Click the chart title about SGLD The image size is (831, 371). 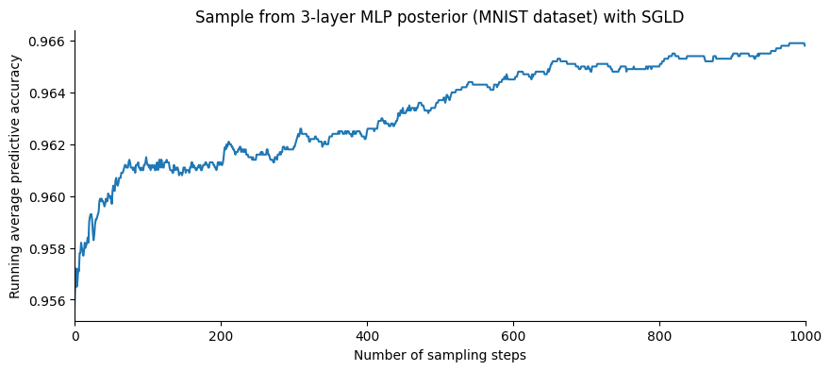pos(440,17)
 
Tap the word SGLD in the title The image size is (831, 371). pos(664,17)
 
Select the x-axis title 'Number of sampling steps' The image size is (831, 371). pos(440,356)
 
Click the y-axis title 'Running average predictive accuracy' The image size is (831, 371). pos(15,177)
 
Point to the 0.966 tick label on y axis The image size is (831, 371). pos(46,42)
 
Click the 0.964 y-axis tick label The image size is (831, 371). pos(46,93)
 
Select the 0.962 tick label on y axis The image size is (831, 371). pos(46,145)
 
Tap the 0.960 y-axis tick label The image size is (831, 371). pos(46,197)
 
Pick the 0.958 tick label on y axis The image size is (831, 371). pos(46,249)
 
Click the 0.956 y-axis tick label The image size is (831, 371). pos(46,301)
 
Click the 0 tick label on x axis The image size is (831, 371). pos(75,335)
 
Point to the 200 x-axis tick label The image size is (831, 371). pos(221,335)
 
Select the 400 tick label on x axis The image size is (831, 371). pos(367,335)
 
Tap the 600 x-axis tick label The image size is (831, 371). pos(513,335)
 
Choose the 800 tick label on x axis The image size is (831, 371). pos(659,335)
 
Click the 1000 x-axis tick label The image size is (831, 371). pos(805,335)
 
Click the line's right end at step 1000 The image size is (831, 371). pos(805,44)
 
